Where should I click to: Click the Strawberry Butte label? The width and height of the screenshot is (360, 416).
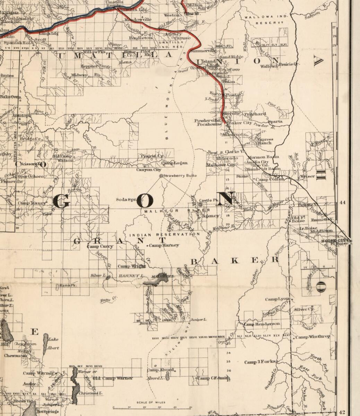[x=180, y=176]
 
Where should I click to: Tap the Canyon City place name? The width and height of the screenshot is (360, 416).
[x=148, y=170]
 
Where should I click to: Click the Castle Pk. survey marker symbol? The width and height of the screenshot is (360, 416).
[x=200, y=205]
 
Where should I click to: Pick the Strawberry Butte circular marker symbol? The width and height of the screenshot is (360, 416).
[x=161, y=176]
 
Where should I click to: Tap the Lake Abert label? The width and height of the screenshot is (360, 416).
[x=54, y=344]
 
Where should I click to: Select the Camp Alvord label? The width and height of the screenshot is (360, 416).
[x=160, y=370]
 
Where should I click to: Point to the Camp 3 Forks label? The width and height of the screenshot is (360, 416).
[x=260, y=362]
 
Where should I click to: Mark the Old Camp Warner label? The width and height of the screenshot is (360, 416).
[x=113, y=378]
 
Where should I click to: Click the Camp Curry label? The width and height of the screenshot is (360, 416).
[x=100, y=246]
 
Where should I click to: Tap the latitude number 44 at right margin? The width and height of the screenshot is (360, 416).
[x=343, y=202]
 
